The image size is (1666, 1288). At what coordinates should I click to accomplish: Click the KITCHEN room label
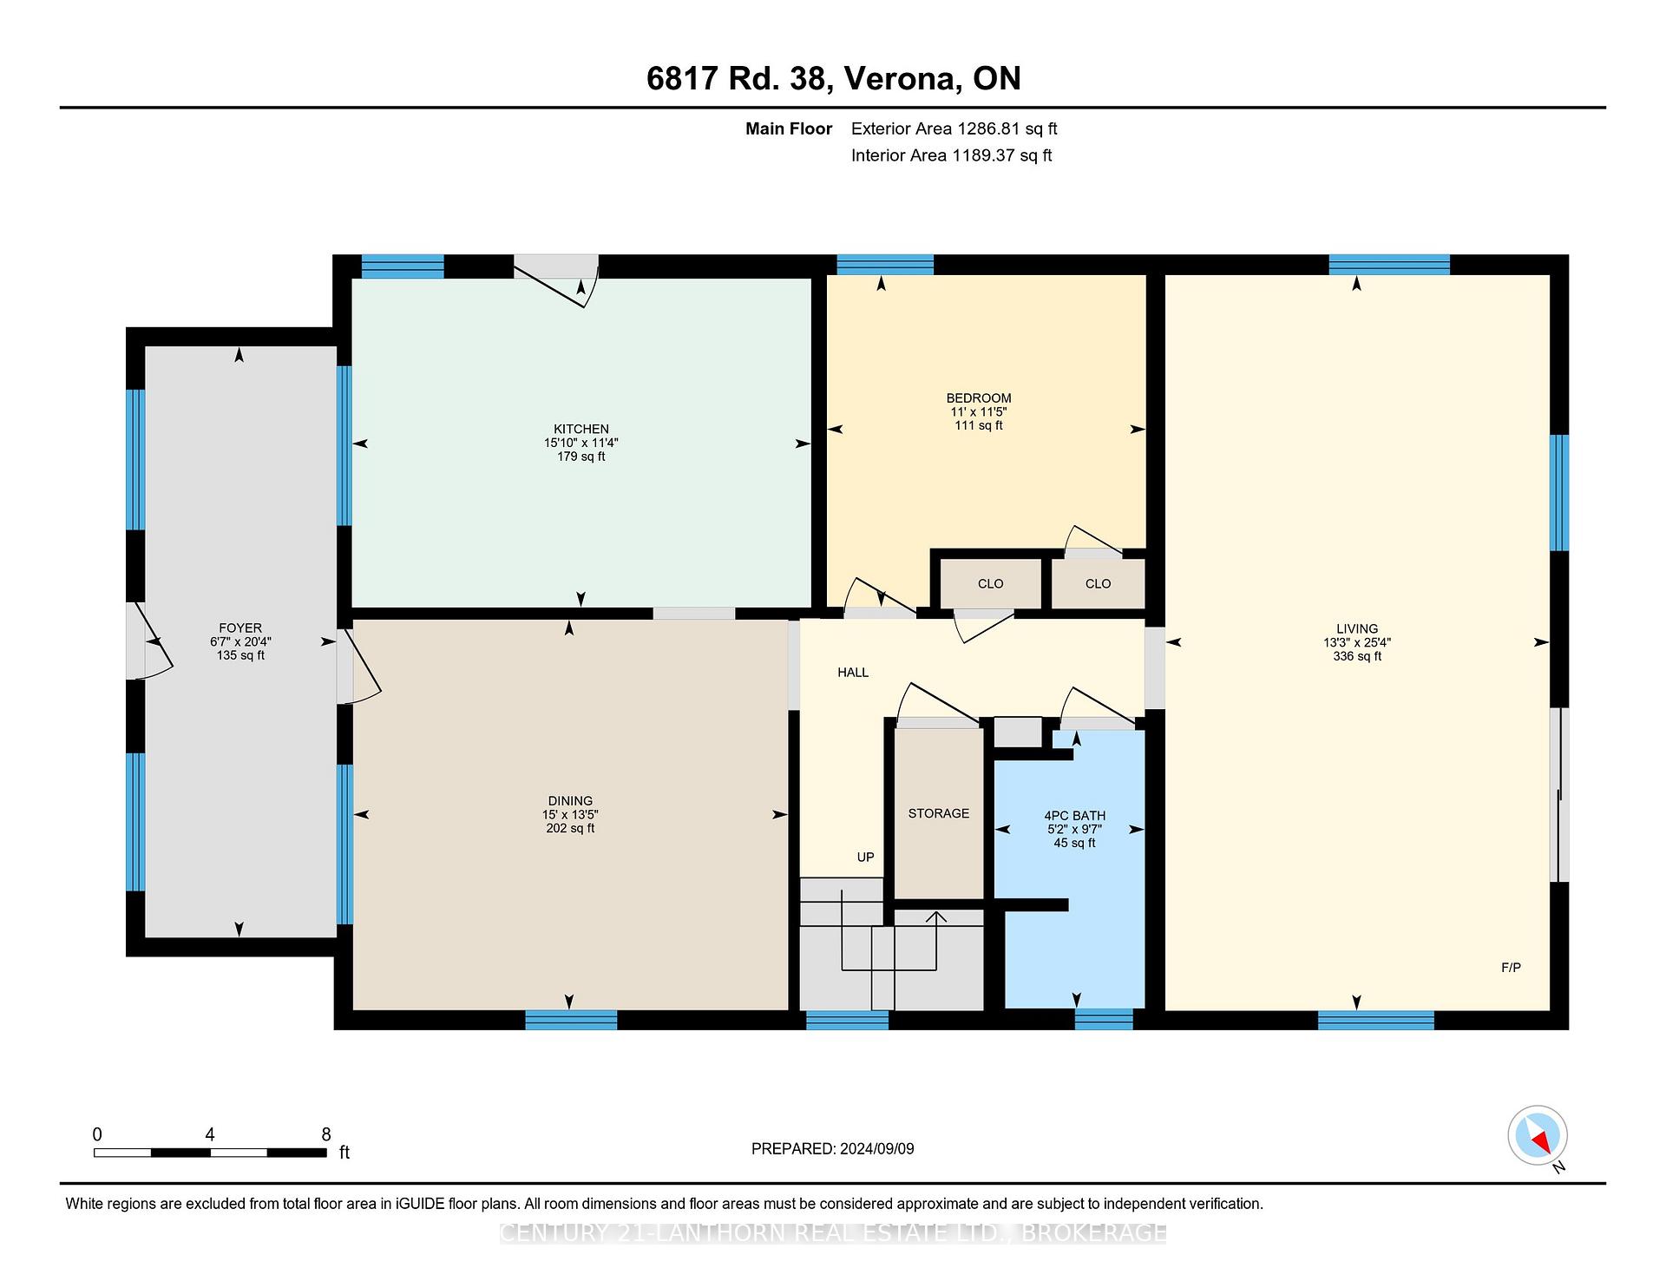coord(581,429)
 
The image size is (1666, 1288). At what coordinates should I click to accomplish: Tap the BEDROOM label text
coord(979,398)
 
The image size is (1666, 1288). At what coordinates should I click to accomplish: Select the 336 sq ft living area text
coord(1357,656)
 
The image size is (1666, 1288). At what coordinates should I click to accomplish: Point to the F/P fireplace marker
coord(1511,967)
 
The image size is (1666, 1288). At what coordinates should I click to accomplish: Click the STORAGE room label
coord(939,813)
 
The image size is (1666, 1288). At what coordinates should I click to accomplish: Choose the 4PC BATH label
coord(1075,816)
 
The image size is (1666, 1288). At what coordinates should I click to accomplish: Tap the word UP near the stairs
coord(865,857)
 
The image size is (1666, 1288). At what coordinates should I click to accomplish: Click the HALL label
coord(853,672)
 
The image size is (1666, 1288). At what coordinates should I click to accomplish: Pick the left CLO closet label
coord(990,583)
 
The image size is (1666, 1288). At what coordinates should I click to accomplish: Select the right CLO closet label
coord(1098,583)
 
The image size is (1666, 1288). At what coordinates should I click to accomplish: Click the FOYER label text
coord(240,628)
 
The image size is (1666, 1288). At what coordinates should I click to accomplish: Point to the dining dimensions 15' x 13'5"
coord(570,814)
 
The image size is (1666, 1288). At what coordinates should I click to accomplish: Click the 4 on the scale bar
coord(210,1134)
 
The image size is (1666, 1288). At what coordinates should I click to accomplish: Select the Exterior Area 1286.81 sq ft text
coord(954,128)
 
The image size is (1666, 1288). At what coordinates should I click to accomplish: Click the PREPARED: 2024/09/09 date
coord(833,1148)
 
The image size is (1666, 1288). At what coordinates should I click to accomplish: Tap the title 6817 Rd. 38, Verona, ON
coord(834,78)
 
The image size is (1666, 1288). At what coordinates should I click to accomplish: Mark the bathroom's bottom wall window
coord(1104,1019)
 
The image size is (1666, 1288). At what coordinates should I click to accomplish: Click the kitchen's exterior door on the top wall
coord(556,277)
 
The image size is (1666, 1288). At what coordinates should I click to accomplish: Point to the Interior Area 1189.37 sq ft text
coord(952,155)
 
